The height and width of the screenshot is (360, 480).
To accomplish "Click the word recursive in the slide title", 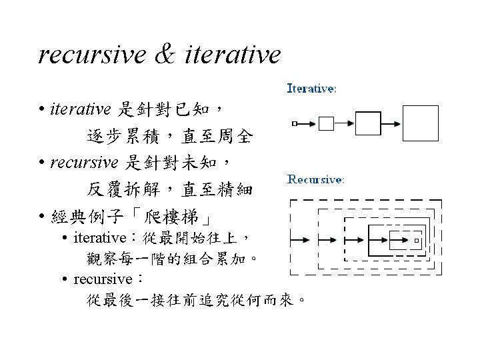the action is [89, 55].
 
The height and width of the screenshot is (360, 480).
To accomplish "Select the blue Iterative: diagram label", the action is [311, 87].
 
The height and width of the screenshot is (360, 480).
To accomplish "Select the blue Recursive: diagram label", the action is [315, 179].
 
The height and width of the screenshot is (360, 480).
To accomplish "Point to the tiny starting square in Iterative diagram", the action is [295, 123].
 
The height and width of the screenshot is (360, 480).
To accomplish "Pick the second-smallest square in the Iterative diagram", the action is [326, 123].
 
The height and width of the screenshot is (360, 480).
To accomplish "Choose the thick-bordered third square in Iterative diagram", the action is [367, 123].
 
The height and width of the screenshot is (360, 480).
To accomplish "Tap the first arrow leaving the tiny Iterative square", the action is [307, 123].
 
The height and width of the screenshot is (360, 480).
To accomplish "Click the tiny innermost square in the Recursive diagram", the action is [417, 239].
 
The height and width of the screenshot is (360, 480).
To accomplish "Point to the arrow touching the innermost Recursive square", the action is [404, 239].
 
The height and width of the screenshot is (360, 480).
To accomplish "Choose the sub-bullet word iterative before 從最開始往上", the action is [100, 238].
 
